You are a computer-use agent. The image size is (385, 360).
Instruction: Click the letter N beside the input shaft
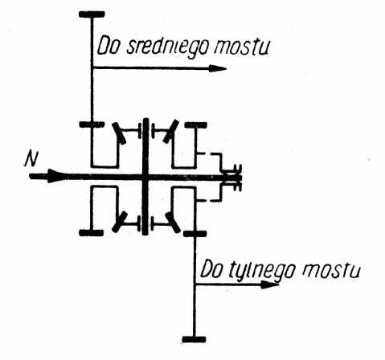pos(31,159)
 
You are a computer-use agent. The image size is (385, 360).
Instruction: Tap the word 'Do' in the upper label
pos(108,46)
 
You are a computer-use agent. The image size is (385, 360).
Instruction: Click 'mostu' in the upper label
pos(242,47)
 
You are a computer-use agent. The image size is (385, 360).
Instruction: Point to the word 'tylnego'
pos(262,270)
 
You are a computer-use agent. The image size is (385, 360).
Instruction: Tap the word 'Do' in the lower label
pos(211,269)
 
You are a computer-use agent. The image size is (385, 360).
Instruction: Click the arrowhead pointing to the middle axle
pos(217,68)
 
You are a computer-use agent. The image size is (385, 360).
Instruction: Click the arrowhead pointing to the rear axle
pos(270,284)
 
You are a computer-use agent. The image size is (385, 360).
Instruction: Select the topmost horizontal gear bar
pos(92,14)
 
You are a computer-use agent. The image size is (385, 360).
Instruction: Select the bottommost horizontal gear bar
pos(194,339)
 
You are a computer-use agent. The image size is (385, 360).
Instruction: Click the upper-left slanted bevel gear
pos(119,133)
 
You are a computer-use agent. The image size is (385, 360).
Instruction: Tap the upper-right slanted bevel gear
pos(171,131)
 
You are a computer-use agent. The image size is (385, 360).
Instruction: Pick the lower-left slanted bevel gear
pos(120,222)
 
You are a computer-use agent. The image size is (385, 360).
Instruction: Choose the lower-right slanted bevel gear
pos(173,223)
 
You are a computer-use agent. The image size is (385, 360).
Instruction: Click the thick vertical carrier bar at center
pos(145,177)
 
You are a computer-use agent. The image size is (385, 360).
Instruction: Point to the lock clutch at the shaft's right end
pos(233,178)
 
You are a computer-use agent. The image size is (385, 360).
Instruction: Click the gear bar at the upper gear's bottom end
pos(92,125)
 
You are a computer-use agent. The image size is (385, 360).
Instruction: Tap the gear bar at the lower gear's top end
pos(195,234)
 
